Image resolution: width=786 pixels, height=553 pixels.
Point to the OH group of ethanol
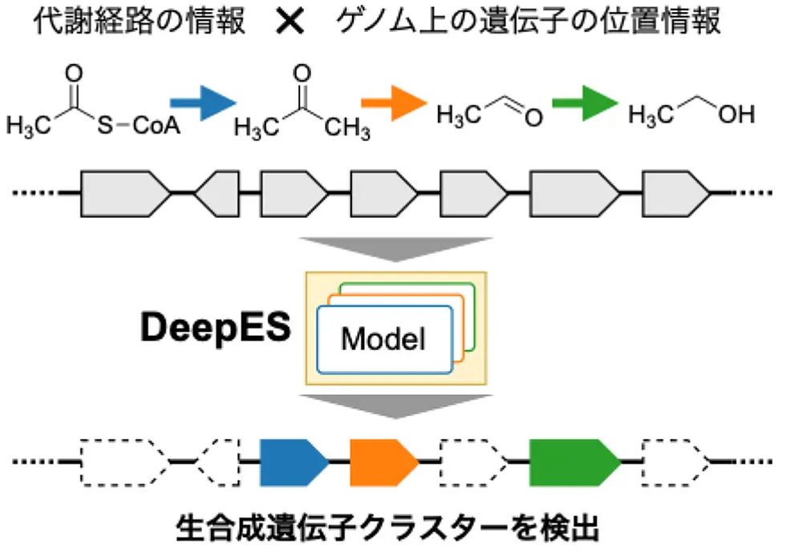(x=736, y=115)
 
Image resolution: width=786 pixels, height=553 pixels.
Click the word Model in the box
(x=382, y=338)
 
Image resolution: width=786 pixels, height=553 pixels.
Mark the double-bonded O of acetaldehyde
(x=533, y=118)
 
